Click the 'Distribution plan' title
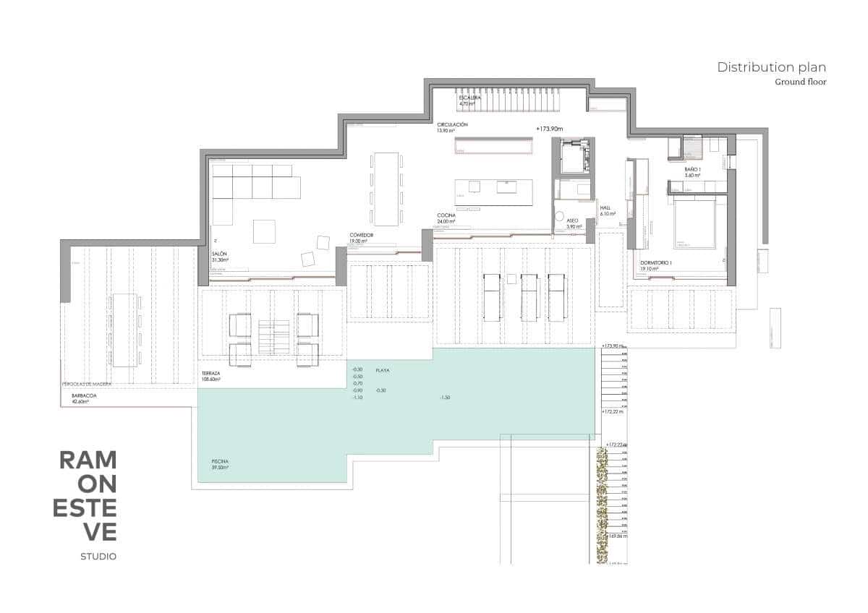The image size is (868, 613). (771, 67)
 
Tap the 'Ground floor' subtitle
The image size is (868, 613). (800, 82)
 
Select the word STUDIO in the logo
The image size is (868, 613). (98, 556)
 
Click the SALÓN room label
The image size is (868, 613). (220, 254)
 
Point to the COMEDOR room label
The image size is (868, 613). (362, 235)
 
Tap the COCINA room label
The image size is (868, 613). (446, 216)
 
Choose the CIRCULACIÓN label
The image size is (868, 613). (452, 125)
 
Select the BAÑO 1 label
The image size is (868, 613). (693, 168)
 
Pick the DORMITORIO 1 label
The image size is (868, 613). (656, 262)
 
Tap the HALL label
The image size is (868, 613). (605, 207)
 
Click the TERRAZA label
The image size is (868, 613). (211, 372)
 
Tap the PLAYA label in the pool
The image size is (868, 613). (383, 370)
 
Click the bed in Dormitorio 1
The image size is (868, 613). (695, 224)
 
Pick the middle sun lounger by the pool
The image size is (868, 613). (529, 296)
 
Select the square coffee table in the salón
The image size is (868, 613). (264, 231)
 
